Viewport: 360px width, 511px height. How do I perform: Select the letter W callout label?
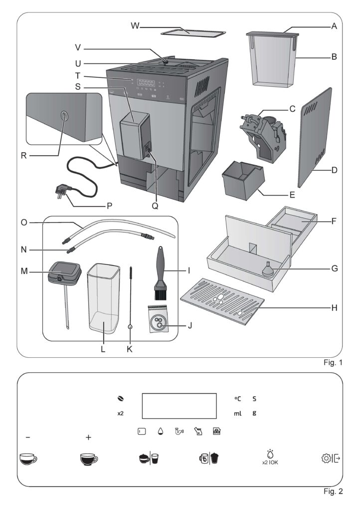point(135,26)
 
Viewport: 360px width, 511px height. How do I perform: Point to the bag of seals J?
point(158,319)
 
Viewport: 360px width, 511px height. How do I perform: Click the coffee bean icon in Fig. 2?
point(121,399)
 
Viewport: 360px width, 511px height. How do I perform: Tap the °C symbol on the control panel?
point(238,399)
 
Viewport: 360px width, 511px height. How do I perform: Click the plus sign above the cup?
point(88,437)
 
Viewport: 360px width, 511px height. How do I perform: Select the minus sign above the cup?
point(28,437)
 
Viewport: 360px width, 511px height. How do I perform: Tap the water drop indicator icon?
point(160,432)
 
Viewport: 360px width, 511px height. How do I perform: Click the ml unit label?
point(238,413)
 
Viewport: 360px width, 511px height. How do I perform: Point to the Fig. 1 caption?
point(333,362)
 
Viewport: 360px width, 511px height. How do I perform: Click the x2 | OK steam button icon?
point(270,457)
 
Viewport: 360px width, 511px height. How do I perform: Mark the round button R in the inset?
point(64,115)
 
